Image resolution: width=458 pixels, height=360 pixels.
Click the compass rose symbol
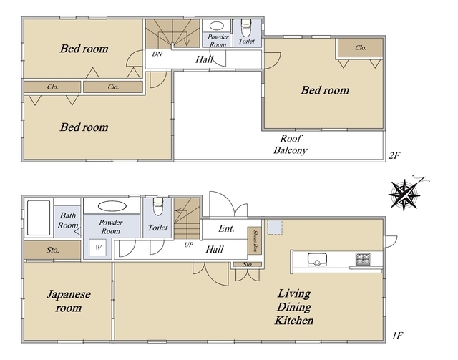pos(404,195)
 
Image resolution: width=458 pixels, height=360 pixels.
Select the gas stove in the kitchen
pos(363,259)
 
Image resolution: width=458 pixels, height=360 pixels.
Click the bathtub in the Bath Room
pos(39,218)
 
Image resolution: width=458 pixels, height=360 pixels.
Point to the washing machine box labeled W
pos(97,248)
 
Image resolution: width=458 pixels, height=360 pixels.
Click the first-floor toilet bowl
pos(158,206)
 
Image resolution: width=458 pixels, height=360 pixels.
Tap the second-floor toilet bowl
pos(246,28)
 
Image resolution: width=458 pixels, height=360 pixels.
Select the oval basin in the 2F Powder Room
pos(217,26)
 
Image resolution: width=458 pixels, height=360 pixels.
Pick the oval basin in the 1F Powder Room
pos(112,206)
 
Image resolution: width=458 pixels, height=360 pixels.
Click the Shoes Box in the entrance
pos(255,240)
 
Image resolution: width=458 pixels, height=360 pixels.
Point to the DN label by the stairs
pos(157,54)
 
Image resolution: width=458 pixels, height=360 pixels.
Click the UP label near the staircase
pos(189,245)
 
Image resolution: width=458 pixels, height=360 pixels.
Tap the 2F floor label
pos(394,155)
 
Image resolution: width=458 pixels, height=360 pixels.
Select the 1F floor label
pos(397,336)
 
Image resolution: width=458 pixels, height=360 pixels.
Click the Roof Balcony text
pos(291,145)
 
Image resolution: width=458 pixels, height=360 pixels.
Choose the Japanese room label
pos(69,301)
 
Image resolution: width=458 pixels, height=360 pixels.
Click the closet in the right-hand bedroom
pos(361,48)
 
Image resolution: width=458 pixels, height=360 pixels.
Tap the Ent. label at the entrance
pos(226,228)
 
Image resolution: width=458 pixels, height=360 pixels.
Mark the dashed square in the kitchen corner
pos(275,227)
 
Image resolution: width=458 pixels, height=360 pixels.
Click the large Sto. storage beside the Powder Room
pos(52,250)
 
